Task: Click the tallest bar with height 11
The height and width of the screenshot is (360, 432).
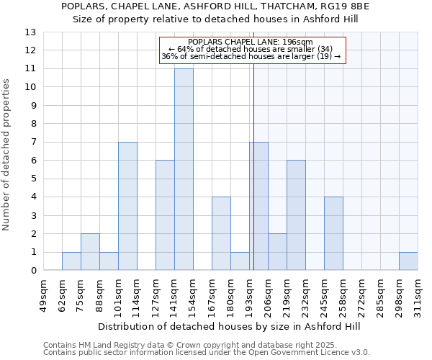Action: [x=184, y=169]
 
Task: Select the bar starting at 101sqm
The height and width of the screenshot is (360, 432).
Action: [x=127, y=206]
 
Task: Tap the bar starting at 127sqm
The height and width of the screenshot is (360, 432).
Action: [x=165, y=215]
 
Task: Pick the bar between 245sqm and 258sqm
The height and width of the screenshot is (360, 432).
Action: [x=333, y=233]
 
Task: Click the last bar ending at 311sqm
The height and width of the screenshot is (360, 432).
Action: [x=408, y=261]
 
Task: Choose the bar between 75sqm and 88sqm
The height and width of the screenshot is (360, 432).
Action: [x=90, y=252]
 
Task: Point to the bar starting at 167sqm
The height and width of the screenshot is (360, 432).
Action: [x=221, y=233]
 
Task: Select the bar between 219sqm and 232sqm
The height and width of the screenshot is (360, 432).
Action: [x=296, y=215]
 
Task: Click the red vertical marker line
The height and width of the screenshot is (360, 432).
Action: [x=254, y=180]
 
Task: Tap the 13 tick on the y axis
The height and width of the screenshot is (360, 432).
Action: [x=31, y=32]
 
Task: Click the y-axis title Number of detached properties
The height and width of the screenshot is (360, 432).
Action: [x=7, y=155]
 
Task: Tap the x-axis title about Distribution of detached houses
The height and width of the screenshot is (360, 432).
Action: [x=230, y=326]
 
